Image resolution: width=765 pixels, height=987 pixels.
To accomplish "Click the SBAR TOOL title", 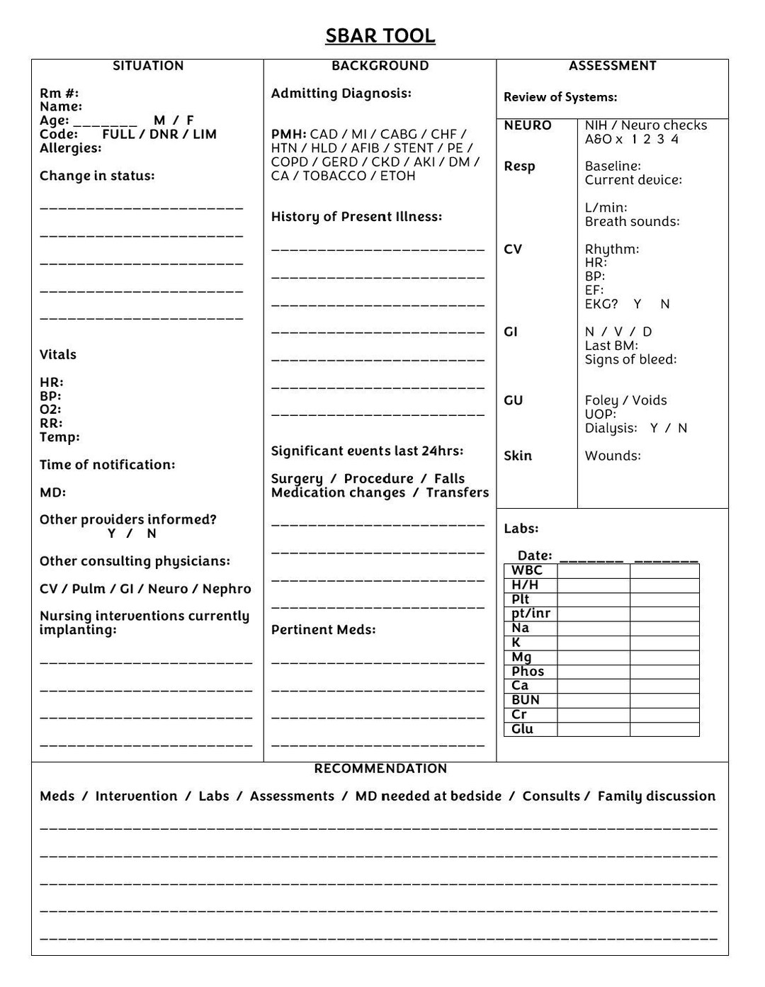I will pyautogui.click(x=380, y=35).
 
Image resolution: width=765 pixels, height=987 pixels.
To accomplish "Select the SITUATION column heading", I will pyautogui.click(x=148, y=66).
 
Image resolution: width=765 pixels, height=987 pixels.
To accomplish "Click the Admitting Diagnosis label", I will pyautogui.click(x=341, y=94).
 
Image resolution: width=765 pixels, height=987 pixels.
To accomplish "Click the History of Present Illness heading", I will pyautogui.click(x=356, y=217).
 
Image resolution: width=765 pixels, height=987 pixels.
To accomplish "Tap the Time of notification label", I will pyautogui.click(x=107, y=465).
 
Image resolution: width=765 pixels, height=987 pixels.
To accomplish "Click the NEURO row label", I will pyautogui.click(x=528, y=125).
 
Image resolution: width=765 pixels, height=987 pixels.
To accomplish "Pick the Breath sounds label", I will pyautogui.click(x=632, y=222).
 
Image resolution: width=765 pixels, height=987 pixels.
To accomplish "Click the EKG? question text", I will pyautogui.click(x=601, y=304).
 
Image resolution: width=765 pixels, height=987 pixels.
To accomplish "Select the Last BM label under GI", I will pyautogui.click(x=611, y=346).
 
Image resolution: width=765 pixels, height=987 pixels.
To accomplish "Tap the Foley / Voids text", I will pyautogui.click(x=625, y=400).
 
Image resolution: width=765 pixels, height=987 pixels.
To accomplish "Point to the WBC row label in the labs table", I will pyautogui.click(x=527, y=570).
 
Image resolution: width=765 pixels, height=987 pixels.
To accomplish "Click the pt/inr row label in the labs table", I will pyautogui.click(x=531, y=614).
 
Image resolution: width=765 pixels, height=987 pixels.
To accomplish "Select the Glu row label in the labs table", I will pyautogui.click(x=522, y=729).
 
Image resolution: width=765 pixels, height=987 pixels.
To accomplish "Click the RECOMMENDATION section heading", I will pyautogui.click(x=380, y=769).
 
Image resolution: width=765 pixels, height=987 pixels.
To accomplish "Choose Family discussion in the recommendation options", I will pyautogui.click(x=656, y=796).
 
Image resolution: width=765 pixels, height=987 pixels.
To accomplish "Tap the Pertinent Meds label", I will pyautogui.click(x=323, y=630).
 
